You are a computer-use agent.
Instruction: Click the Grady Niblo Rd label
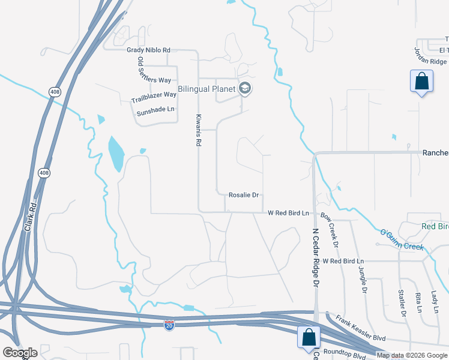point(148,50)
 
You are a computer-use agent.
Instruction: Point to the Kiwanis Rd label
point(197,130)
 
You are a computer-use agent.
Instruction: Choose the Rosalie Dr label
point(243,195)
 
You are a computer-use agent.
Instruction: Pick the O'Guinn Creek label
point(402,239)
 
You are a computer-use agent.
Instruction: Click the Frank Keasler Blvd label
point(360,329)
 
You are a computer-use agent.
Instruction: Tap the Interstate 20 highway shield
point(169,325)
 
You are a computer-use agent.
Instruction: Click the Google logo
point(20,353)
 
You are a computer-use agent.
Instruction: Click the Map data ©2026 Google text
point(412,355)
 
